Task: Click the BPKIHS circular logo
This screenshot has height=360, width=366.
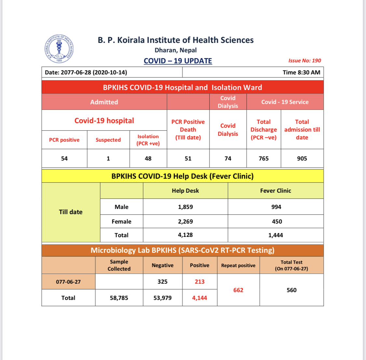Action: pos(59,49)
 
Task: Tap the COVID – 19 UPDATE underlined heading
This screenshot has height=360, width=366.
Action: pos(178,61)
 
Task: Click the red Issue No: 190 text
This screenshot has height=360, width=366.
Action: pos(305,60)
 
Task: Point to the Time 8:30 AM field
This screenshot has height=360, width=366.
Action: pos(301,72)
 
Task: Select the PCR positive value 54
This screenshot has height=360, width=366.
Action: pos(64,159)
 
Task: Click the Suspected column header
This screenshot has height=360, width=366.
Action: pos(108,140)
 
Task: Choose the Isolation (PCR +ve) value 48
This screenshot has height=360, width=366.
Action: pos(148,159)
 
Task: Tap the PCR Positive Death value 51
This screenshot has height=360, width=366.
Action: pos(188,159)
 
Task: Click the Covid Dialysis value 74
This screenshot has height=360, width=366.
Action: pos(228,159)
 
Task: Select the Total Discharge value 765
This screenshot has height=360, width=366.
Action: pos(264,159)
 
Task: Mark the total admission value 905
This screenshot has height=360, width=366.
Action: pos(302,159)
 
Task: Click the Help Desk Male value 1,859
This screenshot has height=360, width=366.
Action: pos(185,207)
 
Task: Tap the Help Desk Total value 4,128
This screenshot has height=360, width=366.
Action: pos(185,235)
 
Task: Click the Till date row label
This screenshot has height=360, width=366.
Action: pos(71,212)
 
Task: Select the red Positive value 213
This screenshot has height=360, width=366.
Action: pos(199,282)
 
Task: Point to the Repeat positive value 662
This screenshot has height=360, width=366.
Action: pos(238,290)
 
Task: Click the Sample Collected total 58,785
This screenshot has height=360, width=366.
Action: pos(119,298)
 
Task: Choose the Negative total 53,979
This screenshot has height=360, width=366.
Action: pos(162,298)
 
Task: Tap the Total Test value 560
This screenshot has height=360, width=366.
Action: pos(291,290)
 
